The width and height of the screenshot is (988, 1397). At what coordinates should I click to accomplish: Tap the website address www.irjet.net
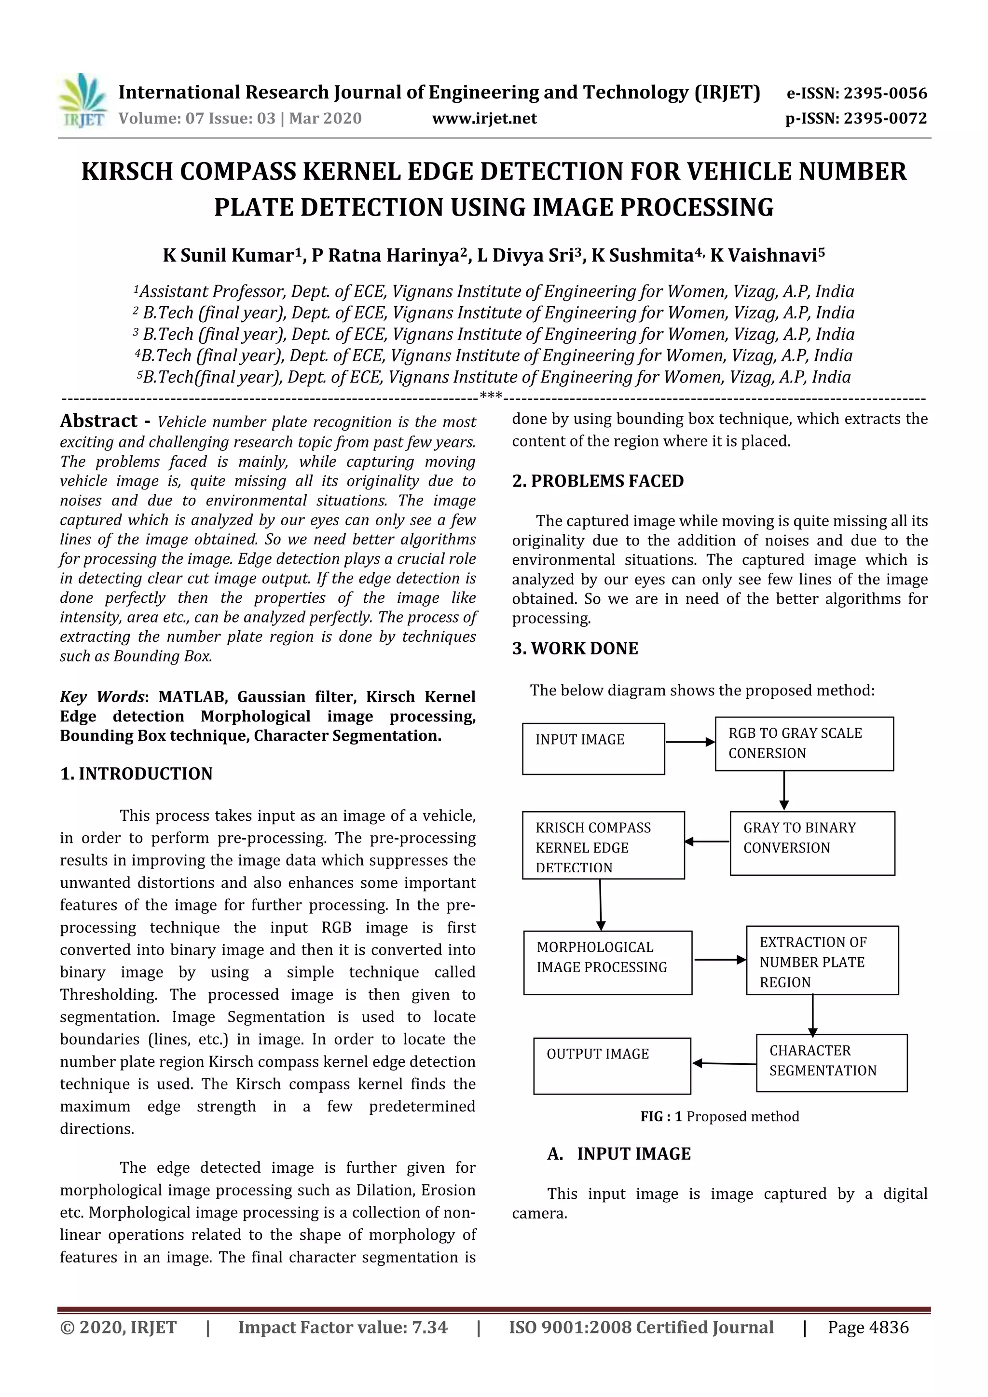(484, 118)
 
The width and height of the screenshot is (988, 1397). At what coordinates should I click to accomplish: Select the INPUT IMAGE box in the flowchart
(593, 748)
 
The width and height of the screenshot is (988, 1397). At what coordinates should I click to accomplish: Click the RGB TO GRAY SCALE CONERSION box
(804, 744)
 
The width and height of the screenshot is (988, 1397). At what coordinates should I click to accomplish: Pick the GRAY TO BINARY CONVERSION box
(812, 843)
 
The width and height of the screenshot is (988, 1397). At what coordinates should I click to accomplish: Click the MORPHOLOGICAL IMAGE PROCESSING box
(607, 963)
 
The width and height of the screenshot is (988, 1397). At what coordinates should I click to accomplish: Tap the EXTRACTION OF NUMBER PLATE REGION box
(822, 961)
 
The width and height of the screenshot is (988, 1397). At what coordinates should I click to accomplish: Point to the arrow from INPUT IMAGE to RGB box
(690, 742)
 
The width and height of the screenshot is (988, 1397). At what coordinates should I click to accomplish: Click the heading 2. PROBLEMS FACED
(597, 481)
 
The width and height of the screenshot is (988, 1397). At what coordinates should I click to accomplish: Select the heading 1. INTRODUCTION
(137, 773)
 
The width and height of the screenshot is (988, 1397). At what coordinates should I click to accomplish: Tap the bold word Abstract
(98, 421)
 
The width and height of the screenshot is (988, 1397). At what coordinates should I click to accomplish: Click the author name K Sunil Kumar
(228, 255)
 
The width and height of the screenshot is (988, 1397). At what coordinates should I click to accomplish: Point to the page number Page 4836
(867, 1327)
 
